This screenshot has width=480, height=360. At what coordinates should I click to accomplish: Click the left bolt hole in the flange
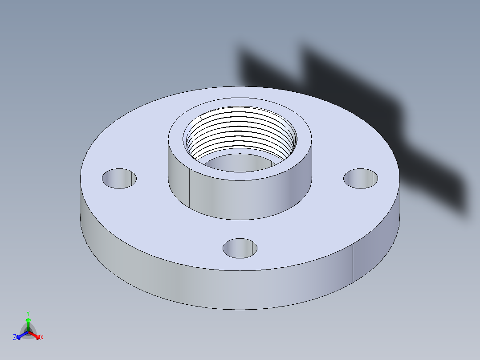click(119, 178)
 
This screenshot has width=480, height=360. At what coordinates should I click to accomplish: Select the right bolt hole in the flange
click(361, 178)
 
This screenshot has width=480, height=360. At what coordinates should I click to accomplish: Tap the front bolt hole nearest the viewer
click(240, 248)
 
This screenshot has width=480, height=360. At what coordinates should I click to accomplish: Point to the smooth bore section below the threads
click(236, 164)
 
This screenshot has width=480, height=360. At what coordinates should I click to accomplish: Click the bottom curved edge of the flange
click(240, 309)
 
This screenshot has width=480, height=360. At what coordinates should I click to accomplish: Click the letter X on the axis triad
click(42, 338)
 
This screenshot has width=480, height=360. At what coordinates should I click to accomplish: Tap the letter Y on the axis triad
click(28, 313)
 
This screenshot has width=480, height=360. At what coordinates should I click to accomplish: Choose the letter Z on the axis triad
click(15, 338)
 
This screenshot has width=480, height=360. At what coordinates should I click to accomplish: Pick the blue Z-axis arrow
click(20, 335)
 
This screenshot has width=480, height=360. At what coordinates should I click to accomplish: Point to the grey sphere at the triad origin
click(28, 332)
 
